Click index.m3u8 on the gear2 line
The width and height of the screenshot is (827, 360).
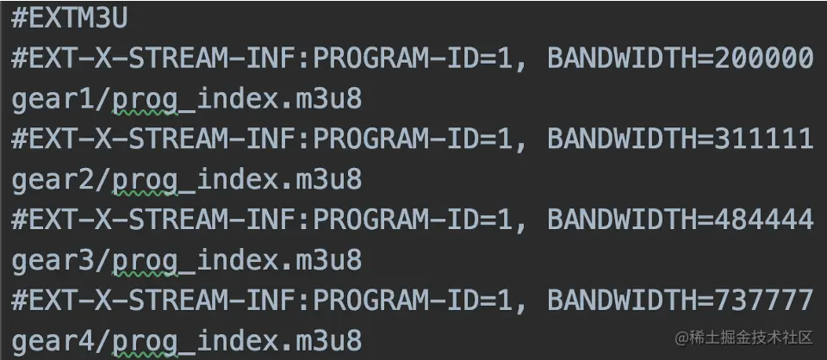coord(279,180)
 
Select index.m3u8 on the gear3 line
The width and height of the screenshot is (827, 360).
coord(279,260)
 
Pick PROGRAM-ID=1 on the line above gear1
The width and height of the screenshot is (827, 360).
coord(418,59)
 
